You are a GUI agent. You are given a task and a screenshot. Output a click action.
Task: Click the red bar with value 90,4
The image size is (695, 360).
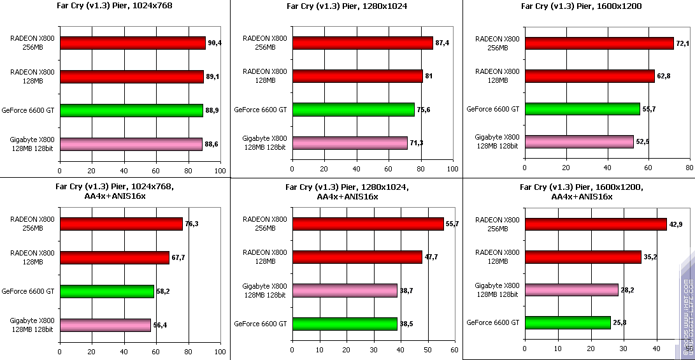[x=133, y=43]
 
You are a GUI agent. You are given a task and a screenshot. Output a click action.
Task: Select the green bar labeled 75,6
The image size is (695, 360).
[x=353, y=110]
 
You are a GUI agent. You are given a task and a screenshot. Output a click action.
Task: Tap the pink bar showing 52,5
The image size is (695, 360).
[x=578, y=141]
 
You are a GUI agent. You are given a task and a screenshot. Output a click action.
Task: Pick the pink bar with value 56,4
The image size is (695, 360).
[x=105, y=325]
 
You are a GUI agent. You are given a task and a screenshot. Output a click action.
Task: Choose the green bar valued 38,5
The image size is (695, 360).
[x=344, y=324]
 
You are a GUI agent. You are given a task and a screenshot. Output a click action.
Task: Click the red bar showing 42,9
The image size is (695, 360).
[x=595, y=224]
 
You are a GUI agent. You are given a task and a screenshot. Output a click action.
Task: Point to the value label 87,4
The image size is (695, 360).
[x=443, y=43]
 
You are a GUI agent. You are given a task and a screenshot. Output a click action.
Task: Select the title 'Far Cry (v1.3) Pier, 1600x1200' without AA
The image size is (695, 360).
[x=581, y=6]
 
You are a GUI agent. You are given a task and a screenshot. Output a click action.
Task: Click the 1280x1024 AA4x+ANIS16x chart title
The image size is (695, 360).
[x=347, y=192]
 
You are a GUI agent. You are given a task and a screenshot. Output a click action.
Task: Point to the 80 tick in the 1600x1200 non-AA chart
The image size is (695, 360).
[x=689, y=169]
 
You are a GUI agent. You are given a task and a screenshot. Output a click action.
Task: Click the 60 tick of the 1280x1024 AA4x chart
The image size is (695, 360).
[x=454, y=350]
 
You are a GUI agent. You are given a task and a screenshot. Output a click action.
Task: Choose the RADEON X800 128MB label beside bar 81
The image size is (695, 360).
[x=265, y=76]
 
